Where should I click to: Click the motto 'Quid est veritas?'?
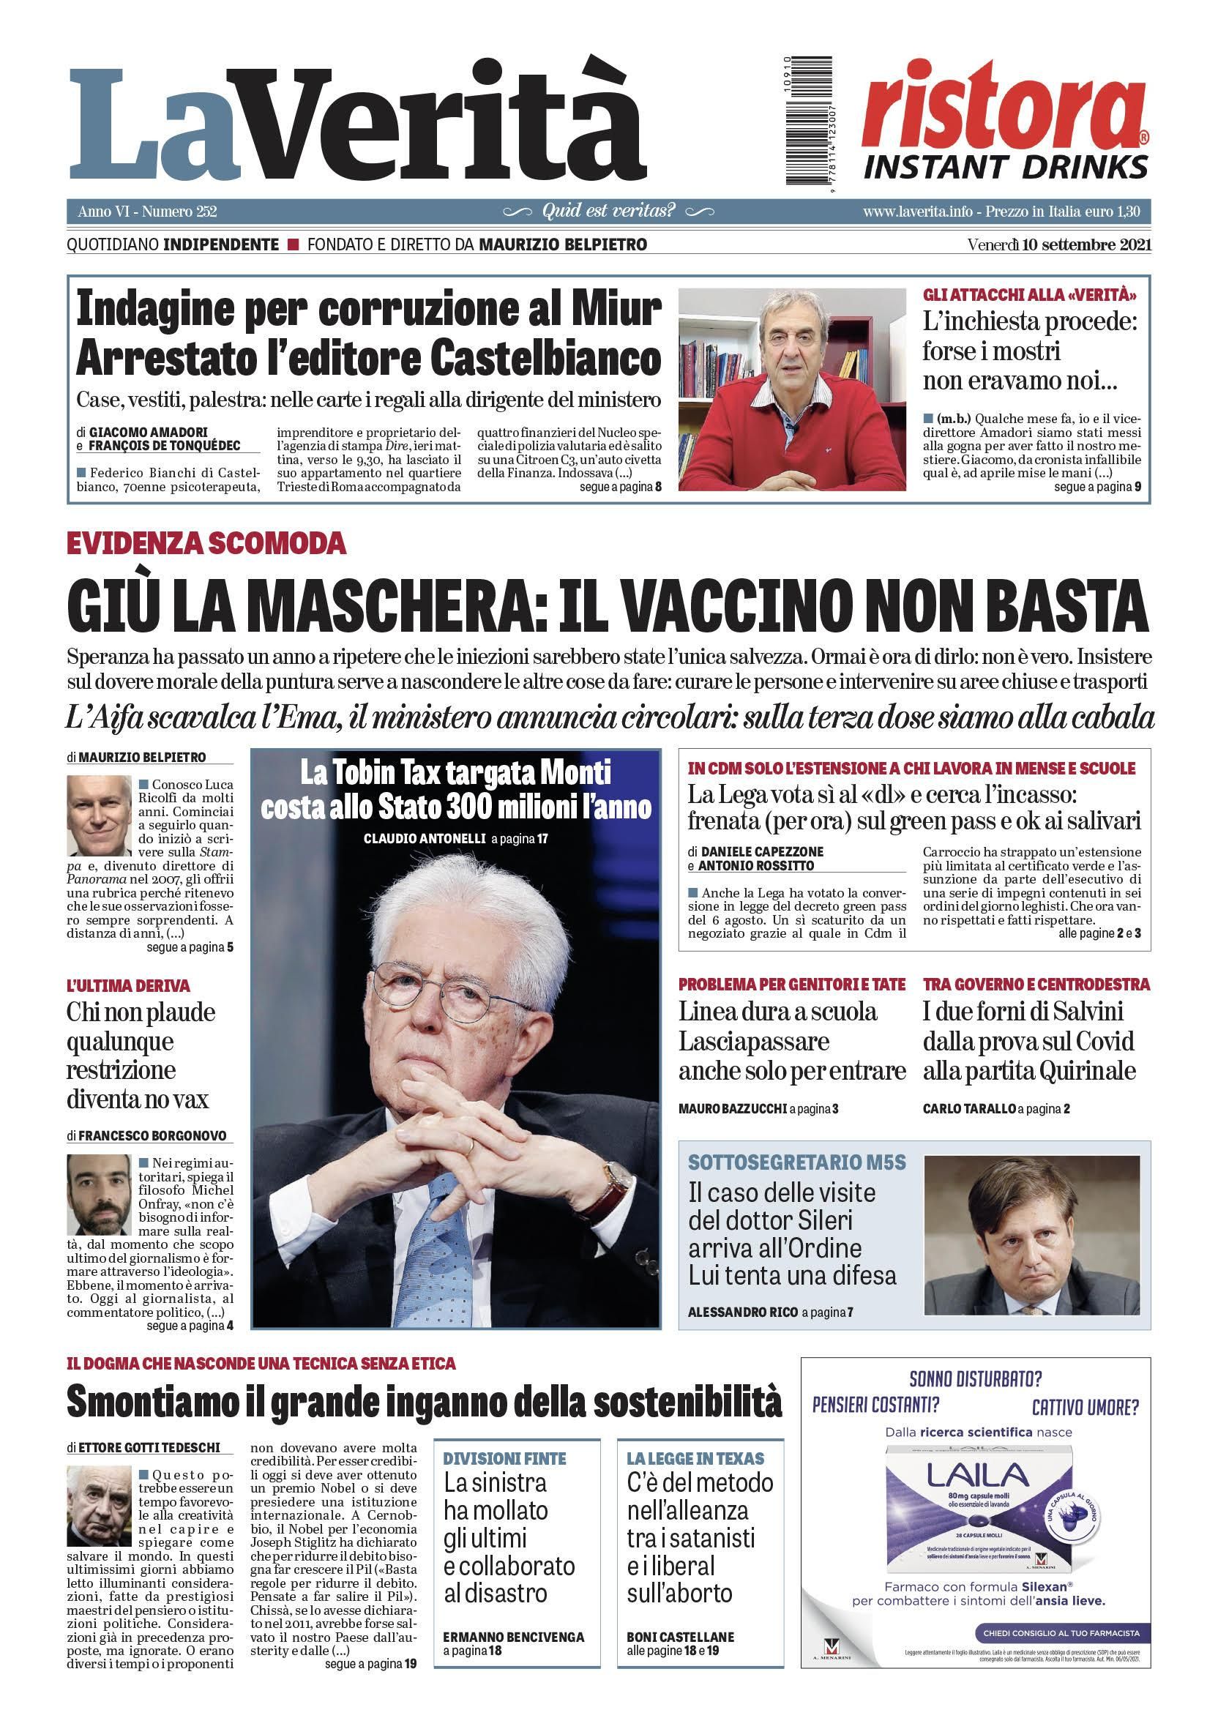(608, 211)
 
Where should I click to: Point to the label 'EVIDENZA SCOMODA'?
(206, 543)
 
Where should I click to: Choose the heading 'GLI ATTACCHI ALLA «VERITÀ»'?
(1029, 294)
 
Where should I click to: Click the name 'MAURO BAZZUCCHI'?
(733, 1108)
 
